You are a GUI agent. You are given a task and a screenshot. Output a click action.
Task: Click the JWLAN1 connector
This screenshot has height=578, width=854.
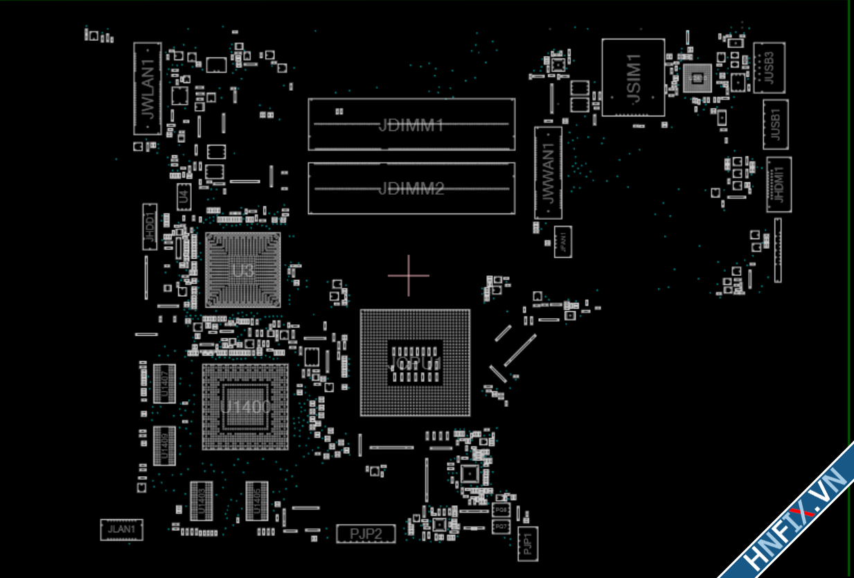coord(147,89)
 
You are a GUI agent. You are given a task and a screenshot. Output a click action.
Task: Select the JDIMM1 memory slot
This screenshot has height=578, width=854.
coord(411,125)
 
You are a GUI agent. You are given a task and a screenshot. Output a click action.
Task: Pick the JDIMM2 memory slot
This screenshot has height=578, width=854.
coord(411,188)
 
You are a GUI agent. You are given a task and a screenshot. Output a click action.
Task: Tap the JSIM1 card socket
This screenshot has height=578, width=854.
coord(633,78)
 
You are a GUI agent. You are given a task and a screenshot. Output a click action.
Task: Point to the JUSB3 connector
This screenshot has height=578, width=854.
coord(769,67)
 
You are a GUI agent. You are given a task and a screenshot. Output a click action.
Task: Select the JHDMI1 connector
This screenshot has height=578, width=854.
coord(779,184)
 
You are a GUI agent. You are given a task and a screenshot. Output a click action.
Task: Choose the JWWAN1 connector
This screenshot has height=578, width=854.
coord(548,173)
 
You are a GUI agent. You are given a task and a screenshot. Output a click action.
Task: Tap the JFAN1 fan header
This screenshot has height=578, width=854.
coord(562,241)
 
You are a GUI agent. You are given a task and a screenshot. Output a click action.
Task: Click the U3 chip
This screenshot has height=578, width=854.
coord(242,270)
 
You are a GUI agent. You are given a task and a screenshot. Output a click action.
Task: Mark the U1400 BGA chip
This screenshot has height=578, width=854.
coord(245,406)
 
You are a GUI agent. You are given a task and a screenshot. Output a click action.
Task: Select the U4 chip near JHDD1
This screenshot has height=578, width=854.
coord(184,195)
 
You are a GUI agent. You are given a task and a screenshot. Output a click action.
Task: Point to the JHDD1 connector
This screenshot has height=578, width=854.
coord(150,227)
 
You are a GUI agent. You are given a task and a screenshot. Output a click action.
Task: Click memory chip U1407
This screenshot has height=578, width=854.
coord(164,383)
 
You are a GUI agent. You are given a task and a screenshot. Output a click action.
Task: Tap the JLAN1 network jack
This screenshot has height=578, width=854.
coord(121,530)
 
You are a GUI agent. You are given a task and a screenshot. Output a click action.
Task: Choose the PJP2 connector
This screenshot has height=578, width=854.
coord(366,534)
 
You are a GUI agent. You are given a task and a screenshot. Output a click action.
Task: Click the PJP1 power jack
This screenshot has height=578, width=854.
coord(527,543)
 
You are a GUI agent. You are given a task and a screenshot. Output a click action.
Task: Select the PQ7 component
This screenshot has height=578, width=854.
coord(500,527)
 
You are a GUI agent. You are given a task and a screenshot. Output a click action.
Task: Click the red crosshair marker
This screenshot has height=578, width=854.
coord(409,275)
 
